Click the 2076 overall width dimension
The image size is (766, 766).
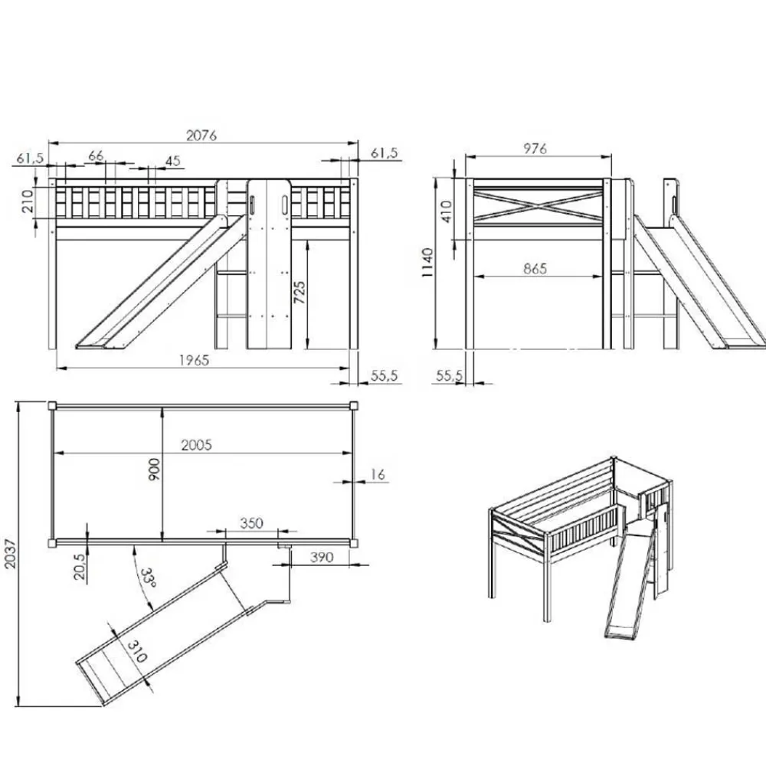pyautogui.click(x=202, y=135)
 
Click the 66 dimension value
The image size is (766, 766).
pyautogui.click(x=96, y=155)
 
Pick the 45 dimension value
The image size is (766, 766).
pyautogui.click(x=172, y=161)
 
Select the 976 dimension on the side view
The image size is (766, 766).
pyautogui.click(x=535, y=149)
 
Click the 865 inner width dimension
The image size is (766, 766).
pyautogui.click(x=536, y=268)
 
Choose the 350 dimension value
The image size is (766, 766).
pyautogui.click(x=251, y=523)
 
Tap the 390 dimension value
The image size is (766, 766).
pyautogui.click(x=322, y=558)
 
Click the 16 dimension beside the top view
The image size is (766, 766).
pyautogui.click(x=377, y=475)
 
